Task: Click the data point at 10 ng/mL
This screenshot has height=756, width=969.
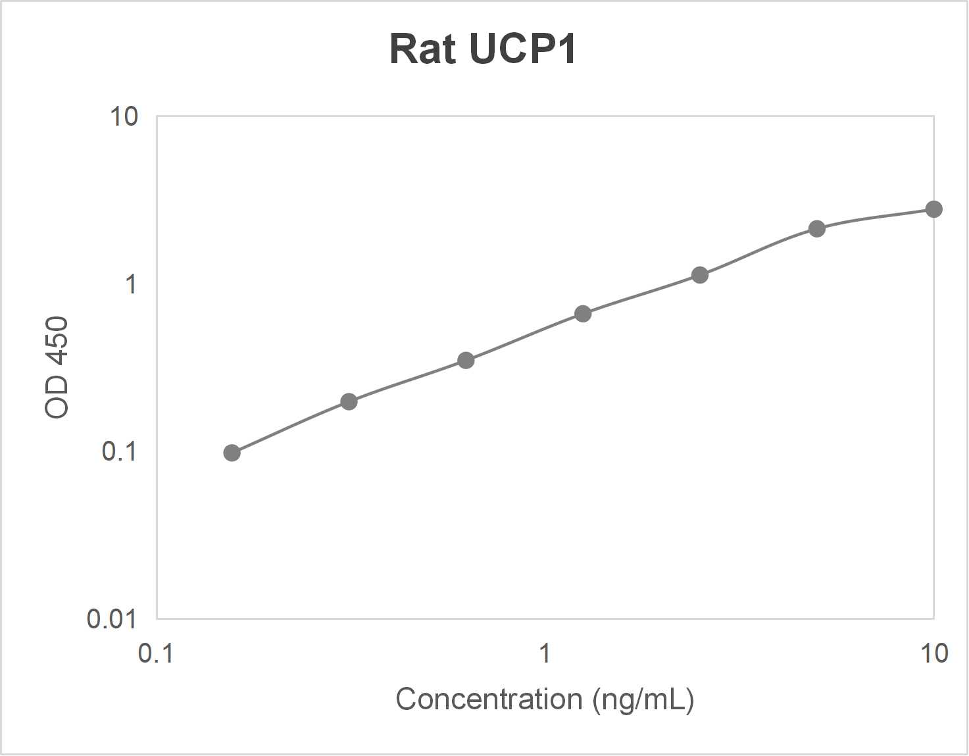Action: tap(933, 209)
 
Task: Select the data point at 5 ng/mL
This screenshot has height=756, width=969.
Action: tap(816, 229)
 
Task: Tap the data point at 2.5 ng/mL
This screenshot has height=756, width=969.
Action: tap(700, 275)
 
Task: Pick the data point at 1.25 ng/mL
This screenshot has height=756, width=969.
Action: tap(583, 314)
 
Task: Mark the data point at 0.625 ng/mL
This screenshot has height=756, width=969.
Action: tap(466, 361)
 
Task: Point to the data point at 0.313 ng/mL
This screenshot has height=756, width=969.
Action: tap(349, 401)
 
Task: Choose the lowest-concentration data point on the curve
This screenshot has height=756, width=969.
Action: tap(232, 453)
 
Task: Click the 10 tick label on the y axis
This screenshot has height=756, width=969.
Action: tap(124, 116)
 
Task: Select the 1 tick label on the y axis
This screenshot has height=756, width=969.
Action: tap(131, 284)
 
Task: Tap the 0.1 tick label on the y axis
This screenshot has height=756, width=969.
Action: tap(119, 451)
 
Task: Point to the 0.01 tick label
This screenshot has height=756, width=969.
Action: tap(111, 619)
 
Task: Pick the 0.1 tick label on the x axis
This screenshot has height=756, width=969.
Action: tap(156, 653)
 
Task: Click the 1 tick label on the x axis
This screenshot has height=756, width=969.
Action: tap(545, 653)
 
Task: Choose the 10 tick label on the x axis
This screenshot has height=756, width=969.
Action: tap(933, 653)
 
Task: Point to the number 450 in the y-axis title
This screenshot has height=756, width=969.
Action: tap(57, 342)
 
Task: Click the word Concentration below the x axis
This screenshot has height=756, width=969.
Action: tap(489, 699)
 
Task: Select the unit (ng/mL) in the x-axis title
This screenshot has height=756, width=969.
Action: tap(643, 700)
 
